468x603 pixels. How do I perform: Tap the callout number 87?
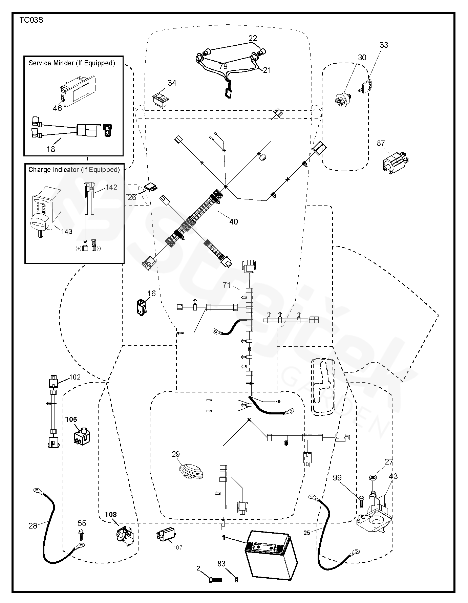coord(381,144)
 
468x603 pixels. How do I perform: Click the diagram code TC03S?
coord(31,20)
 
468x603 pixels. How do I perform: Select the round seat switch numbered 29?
coord(191,471)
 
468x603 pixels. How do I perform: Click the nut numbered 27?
coord(373,478)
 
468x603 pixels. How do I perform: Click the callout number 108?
coord(110,514)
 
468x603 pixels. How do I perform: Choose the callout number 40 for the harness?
coord(234,222)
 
